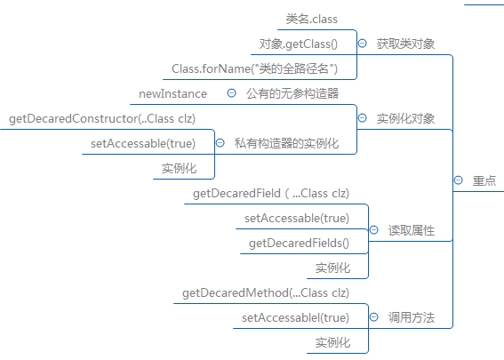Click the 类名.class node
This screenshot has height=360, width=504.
coord(311,20)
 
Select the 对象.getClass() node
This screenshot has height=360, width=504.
coord(299,44)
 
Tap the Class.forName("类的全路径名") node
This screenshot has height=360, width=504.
coord(254,68)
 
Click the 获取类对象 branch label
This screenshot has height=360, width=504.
coord(405,44)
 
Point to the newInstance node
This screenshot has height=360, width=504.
coord(173,94)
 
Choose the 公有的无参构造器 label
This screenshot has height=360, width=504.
coord(292,94)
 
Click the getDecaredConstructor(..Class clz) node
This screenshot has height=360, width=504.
coord(102,118)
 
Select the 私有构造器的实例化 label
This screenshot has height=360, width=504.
coord(286,143)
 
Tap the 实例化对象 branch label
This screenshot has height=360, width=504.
coord(405,118)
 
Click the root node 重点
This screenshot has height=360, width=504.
coord(484,180)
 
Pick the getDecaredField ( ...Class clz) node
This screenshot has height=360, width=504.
coord(271,194)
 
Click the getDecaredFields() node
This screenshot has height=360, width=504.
coord(299,244)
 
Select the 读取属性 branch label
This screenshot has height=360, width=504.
coord(411,230)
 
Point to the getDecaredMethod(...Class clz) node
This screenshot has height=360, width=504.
coord(266,293)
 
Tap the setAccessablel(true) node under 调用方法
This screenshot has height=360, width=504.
coord(295,318)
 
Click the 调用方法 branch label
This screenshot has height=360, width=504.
coord(411,317)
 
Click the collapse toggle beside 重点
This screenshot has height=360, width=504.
coord(459,180)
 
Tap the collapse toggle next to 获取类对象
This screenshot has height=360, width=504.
coord(363,44)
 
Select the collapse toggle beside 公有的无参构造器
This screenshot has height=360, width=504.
coord(231,93)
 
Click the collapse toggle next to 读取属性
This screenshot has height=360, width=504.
coord(374,230)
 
